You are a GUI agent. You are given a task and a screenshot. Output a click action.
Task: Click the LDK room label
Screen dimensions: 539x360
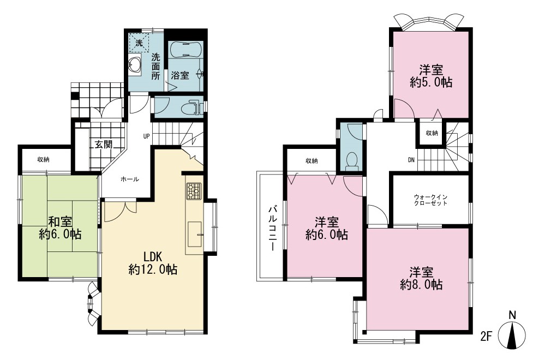pyautogui.click(x=153, y=263)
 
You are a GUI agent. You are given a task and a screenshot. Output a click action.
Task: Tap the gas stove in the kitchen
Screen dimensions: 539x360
pyautogui.click(x=194, y=191)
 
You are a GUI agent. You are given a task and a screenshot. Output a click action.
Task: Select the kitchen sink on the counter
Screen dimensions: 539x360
pyautogui.click(x=195, y=234)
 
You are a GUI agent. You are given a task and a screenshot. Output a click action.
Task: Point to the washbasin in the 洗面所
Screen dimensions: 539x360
pyautogui.click(x=135, y=64)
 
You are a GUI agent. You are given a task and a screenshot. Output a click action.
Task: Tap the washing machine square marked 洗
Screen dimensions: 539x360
pyautogui.click(x=139, y=43)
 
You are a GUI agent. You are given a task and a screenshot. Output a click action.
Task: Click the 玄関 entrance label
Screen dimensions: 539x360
pyautogui.click(x=104, y=145)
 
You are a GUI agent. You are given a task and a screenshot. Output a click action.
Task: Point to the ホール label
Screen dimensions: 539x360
pyautogui.click(x=130, y=179)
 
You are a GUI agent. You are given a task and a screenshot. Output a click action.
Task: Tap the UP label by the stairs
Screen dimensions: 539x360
pyautogui.click(x=146, y=136)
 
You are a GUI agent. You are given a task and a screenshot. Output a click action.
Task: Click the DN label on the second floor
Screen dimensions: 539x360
pyautogui.click(x=411, y=160)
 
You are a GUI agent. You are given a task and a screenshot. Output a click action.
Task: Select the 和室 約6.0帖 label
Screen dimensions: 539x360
pyautogui.click(x=60, y=228)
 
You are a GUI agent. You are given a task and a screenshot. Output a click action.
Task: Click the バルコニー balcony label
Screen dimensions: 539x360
pyautogui.click(x=273, y=229)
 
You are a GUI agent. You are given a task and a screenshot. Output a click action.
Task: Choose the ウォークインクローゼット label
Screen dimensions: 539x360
pyautogui.click(x=430, y=200)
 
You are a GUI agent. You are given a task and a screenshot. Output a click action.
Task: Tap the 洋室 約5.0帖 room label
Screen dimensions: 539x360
pyautogui.click(x=431, y=76)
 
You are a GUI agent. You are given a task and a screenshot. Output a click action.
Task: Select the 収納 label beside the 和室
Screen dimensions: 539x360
pyautogui.click(x=43, y=159)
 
